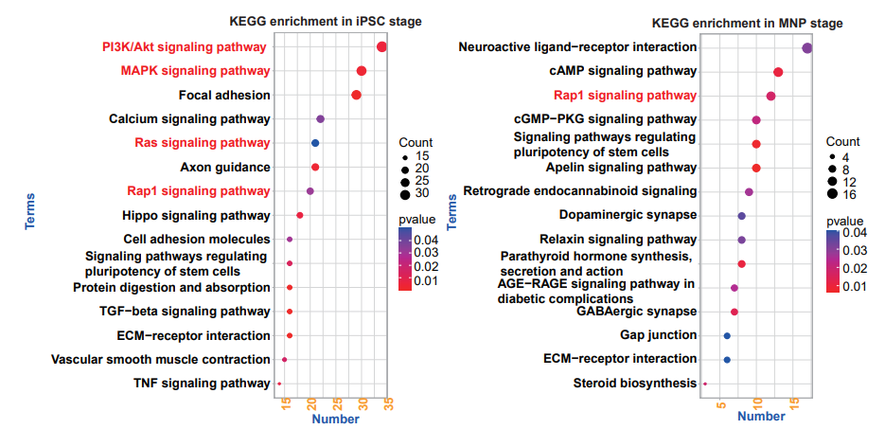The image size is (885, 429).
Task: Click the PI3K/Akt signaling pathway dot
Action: (381, 46)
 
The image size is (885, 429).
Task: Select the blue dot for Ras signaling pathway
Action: (315, 143)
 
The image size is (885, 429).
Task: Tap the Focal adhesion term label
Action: (224, 95)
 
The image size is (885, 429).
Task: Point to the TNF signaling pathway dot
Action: (279, 384)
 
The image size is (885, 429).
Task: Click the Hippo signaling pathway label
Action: (196, 216)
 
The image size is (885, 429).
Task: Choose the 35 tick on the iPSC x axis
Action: (388, 404)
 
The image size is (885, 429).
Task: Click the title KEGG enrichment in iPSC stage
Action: (326, 22)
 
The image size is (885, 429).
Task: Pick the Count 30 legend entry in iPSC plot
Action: (414, 193)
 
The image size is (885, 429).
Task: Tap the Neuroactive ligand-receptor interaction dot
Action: (807, 48)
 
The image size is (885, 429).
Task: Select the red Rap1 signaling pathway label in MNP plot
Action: (625, 96)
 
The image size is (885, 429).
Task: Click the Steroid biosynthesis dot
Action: (705, 384)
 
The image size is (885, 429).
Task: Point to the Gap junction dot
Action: (727, 336)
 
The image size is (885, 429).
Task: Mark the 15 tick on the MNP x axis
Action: (794, 404)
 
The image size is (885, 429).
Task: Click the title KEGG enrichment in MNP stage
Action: (748, 24)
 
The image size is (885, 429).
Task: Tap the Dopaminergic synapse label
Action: (628, 215)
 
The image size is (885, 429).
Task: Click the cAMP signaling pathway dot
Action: (778, 72)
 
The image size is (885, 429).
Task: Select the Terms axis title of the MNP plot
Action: (451, 212)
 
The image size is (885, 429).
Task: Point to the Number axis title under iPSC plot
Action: (335, 420)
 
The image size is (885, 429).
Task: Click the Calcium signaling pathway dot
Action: (321, 119)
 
